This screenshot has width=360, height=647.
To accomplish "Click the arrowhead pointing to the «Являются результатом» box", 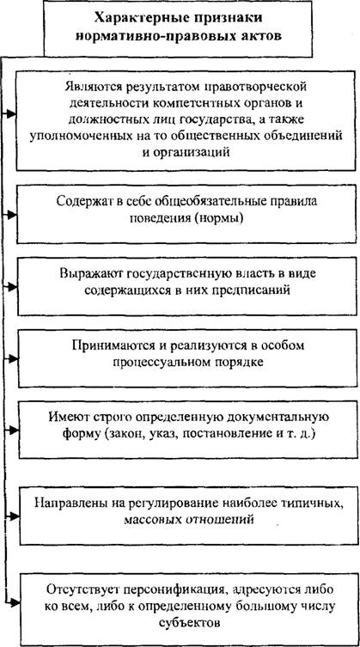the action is coord(12,113).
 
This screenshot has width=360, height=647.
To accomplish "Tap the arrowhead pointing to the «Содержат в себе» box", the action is coord(12,215).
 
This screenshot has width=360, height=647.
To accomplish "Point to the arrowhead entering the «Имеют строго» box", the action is coord(12,430).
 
